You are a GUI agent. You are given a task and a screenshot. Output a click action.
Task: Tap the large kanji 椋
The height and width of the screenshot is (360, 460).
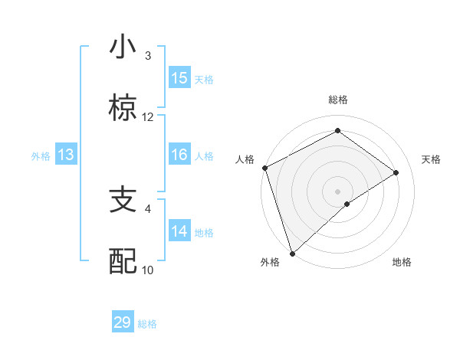[x=123, y=109]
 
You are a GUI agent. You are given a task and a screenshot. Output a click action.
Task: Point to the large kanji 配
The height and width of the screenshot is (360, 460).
[x=123, y=261]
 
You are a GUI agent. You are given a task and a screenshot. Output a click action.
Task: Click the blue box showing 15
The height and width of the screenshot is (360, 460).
[x=179, y=78]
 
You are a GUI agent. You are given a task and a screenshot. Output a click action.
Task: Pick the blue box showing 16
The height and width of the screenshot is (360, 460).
[x=179, y=155]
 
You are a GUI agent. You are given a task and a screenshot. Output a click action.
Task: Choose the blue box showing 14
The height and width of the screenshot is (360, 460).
[x=179, y=232]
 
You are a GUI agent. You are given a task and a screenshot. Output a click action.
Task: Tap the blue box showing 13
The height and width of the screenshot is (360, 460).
[x=66, y=155]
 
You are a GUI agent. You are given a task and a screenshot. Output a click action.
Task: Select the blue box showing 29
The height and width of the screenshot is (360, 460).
[x=123, y=322]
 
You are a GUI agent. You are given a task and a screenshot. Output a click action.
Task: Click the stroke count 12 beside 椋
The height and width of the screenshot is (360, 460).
[x=148, y=117]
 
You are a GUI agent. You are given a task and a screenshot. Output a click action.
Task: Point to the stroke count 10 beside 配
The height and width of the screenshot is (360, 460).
[x=148, y=270]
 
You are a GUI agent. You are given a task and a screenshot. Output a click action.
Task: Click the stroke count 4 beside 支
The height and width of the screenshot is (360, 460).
[x=148, y=208]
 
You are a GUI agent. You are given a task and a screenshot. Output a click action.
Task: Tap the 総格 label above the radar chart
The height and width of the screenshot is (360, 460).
[x=338, y=100]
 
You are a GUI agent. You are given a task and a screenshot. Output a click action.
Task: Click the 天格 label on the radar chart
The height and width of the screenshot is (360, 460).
[x=432, y=159]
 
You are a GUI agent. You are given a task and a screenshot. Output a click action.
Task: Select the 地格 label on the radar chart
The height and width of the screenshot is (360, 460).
[x=402, y=263]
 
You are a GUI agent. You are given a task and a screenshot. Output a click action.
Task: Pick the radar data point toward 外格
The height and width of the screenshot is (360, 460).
[x=291, y=253]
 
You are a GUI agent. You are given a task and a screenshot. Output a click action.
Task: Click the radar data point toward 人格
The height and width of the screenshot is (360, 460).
[x=264, y=168]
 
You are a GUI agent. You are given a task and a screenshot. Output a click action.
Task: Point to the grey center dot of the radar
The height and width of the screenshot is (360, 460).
[x=337, y=191]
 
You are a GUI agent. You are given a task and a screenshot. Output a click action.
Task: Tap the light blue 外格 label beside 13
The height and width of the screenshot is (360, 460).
[x=41, y=156]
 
